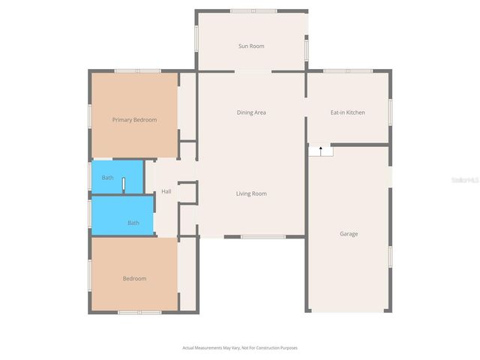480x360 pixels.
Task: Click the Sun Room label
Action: pyautogui.click(x=251, y=46)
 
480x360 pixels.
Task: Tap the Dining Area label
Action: pyautogui.click(x=251, y=112)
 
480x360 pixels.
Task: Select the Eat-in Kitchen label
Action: pyautogui.click(x=348, y=112)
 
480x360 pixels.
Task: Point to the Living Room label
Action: pyautogui.click(x=251, y=193)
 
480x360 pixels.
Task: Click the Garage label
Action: pyautogui.click(x=349, y=234)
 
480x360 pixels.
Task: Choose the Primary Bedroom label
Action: pyautogui.click(x=134, y=119)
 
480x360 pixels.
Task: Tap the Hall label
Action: pyautogui.click(x=166, y=191)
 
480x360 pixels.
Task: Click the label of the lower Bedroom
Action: pyautogui.click(x=134, y=279)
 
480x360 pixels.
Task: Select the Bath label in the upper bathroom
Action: pyautogui.click(x=108, y=178)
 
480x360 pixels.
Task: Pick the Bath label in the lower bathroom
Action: pyautogui.click(x=133, y=223)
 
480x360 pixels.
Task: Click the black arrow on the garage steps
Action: pyautogui.click(x=321, y=150)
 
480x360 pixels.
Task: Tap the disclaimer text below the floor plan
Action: pyautogui.click(x=240, y=348)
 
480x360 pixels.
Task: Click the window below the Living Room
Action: pyautogui.click(x=263, y=237)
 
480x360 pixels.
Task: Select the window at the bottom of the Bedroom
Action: pyautogui.click(x=139, y=312)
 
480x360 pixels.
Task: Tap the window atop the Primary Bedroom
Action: pyautogui.click(x=137, y=71)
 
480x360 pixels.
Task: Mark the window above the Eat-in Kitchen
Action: pyautogui.click(x=348, y=71)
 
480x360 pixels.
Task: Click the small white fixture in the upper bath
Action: pyautogui.click(x=124, y=184)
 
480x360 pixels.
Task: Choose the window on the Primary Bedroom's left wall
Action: pyautogui.click(x=91, y=116)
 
